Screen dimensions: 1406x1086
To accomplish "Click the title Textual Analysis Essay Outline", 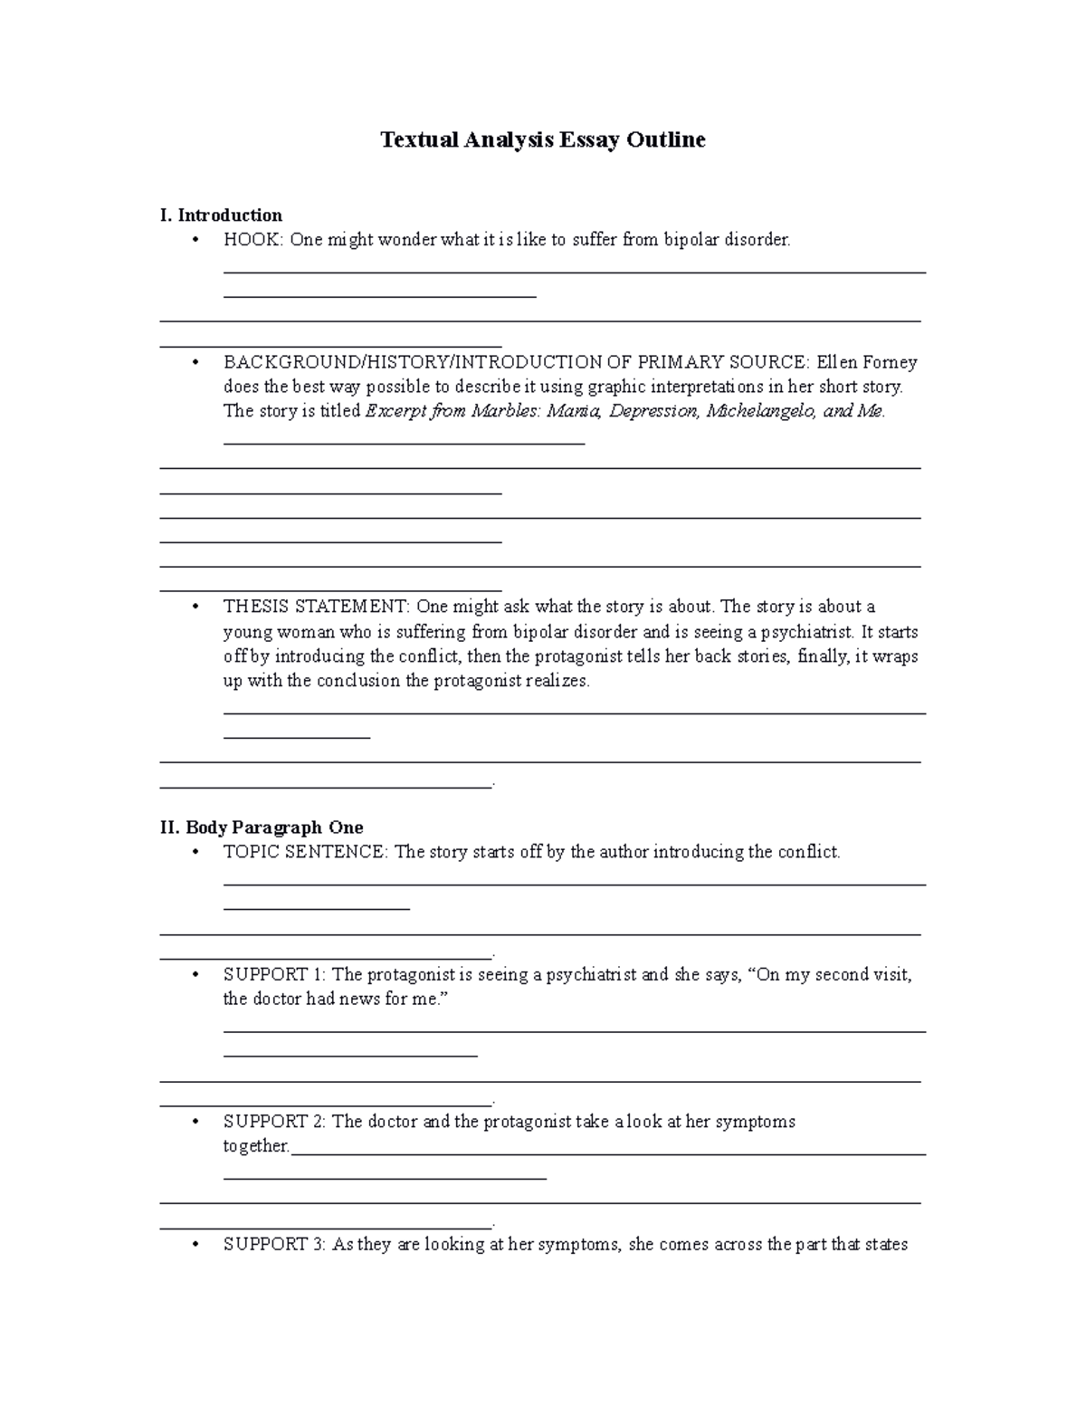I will [542, 139].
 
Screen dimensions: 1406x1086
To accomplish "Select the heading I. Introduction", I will [221, 215].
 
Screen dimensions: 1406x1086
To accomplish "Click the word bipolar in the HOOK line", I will [691, 240].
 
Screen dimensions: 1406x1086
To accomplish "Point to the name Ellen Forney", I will [867, 362].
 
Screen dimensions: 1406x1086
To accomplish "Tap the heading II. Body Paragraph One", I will [262, 827].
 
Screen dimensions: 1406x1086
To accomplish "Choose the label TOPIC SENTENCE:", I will [306, 852].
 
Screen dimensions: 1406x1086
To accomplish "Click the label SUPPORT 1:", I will [275, 975].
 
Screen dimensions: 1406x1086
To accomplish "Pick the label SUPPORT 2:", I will [275, 1122].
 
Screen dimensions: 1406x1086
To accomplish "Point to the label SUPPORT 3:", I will [275, 1245].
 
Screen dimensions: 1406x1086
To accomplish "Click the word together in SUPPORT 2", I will [255, 1146].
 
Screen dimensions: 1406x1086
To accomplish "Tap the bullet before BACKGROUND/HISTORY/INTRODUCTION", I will [195, 362].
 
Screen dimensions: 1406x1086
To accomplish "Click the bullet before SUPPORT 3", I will [195, 1245].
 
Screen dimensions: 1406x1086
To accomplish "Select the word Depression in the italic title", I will [655, 411].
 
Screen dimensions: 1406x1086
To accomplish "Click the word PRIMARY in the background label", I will [674, 362].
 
